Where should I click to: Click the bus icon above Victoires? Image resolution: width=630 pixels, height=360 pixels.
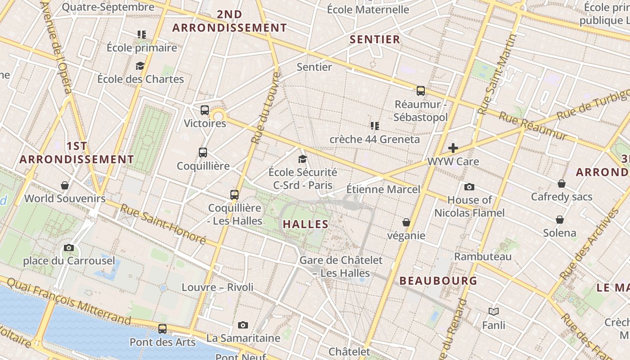click(x=205, y=110)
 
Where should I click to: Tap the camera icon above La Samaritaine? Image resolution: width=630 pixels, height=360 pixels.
click(x=243, y=325)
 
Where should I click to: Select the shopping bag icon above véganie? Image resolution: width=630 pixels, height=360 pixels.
click(x=406, y=222)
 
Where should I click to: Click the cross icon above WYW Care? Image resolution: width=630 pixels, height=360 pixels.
click(x=453, y=148)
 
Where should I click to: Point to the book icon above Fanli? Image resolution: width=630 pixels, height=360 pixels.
click(x=494, y=311)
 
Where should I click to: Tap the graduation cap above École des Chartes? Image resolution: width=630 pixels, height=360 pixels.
click(x=140, y=66)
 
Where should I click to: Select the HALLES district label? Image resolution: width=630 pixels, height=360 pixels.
click(x=306, y=224)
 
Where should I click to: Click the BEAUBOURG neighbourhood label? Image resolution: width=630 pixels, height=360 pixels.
click(x=438, y=281)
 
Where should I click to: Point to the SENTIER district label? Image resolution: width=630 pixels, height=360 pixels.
click(x=375, y=40)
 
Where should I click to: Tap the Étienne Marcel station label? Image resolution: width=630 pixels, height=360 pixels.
click(x=383, y=189)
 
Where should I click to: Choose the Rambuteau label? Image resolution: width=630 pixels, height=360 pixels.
click(x=483, y=256)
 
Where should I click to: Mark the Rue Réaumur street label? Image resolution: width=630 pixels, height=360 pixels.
click(x=533, y=126)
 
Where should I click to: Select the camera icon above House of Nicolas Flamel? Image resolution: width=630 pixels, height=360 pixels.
click(x=469, y=187)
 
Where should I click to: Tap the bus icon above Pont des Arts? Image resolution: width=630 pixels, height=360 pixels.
click(x=162, y=329)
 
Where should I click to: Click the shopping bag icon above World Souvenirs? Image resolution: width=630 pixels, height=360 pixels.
click(x=65, y=185)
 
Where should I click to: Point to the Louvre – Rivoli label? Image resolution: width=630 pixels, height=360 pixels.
click(x=217, y=287)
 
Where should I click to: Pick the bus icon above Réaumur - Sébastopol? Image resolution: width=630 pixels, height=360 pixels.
click(x=421, y=91)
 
